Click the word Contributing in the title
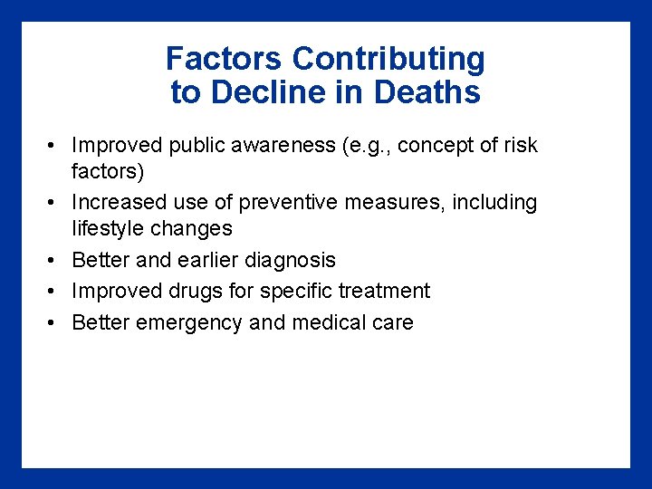(x=388, y=60)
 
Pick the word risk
(x=521, y=145)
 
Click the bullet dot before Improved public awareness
(x=54, y=146)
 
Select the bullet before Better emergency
(x=54, y=323)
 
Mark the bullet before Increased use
(x=54, y=203)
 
